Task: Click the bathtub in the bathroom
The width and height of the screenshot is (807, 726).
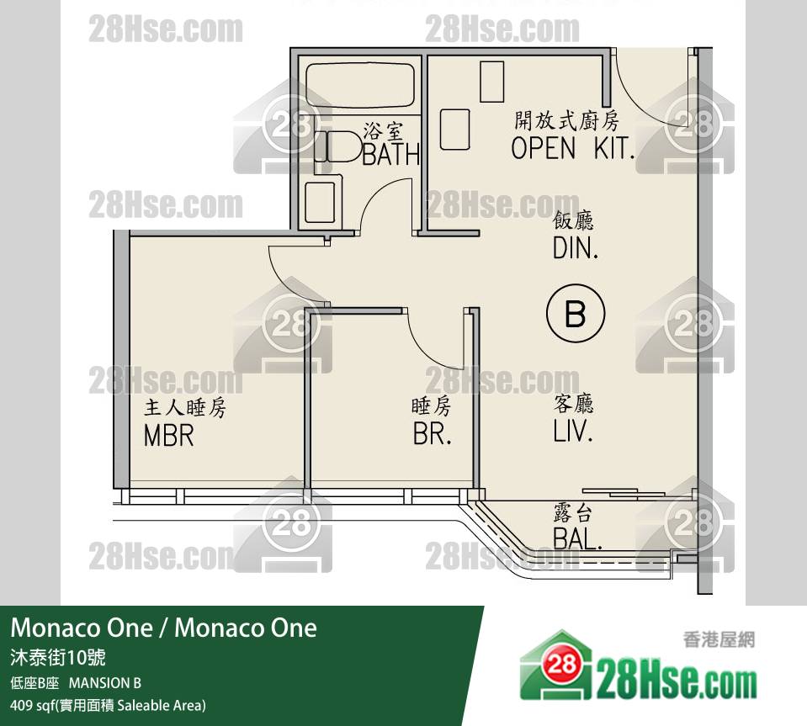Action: coord(360,85)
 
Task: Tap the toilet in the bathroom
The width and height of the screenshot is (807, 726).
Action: coord(339,146)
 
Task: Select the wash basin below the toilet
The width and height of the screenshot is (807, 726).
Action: coord(322,201)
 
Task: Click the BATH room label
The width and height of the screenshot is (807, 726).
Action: coord(391,154)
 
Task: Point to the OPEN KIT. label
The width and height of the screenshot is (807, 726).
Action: coord(572,148)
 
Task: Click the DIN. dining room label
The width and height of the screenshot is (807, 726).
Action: coord(576,248)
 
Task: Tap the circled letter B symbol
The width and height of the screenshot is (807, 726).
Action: coord(576,313)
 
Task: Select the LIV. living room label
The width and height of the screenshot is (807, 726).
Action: coord(573,432)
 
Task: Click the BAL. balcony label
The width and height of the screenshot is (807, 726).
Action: coord(577,538)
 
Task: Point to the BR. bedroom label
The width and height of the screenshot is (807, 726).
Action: coord(433,434)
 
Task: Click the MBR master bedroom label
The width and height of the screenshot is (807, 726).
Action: coord(169,435)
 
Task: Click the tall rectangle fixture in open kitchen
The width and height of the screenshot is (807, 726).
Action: coord(492,82)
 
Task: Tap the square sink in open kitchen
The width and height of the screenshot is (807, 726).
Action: coord(455,130)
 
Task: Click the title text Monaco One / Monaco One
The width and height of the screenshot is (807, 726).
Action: coord(163,628)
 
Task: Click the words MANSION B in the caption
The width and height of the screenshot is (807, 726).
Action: coord(105,683)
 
